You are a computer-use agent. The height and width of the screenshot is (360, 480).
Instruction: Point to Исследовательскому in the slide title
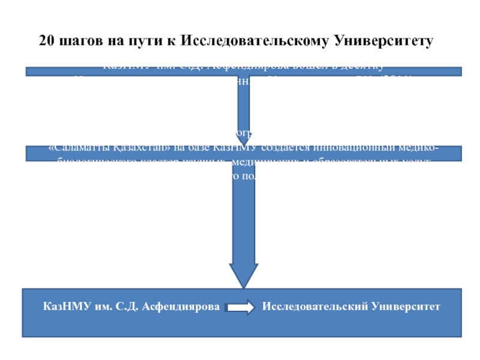253,41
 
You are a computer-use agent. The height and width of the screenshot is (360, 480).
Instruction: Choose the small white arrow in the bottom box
240,308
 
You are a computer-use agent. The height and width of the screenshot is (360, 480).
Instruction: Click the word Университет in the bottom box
407,307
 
